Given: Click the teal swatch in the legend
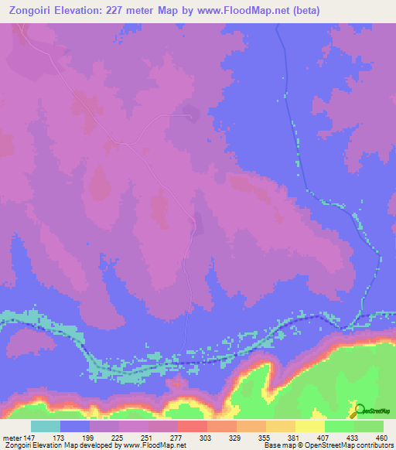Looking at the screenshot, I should pyautogui.click(x=46, y=426).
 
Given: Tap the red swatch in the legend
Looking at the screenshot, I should pyautogui.click(x=193, y=426).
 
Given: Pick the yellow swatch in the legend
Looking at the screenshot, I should pyautogui.click(x=310, y=426).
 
